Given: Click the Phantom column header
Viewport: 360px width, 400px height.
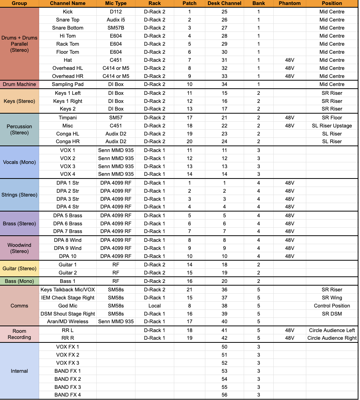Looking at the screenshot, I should [x=290, y=3].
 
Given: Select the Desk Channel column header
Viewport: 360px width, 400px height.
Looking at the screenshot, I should [x=224, y=3].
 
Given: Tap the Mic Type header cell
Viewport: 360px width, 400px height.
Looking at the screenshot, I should [x=116, y=3].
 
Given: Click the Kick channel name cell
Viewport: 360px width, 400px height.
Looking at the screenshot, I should [x=68, y=12].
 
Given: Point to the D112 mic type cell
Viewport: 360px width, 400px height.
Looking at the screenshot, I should [x=116, y=12].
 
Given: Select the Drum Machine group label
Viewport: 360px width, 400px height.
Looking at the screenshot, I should [x=19, y=84].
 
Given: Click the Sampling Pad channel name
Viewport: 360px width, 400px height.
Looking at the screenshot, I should [x=68, y=84].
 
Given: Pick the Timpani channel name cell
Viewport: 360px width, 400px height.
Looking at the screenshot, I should [x=68, y=117].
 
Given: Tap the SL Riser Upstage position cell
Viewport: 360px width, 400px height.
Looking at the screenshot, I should [x=332, y=126].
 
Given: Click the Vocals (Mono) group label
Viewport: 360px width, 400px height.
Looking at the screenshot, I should [x=19, y=162].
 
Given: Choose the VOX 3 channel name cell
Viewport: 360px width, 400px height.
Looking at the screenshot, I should [x=68, y=166].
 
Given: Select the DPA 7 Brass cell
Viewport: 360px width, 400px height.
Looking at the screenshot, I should [x=68, y=231].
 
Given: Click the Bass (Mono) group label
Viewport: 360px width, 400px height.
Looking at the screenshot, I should [x=19, y=281].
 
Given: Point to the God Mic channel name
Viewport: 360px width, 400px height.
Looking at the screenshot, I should [x=68, y=306].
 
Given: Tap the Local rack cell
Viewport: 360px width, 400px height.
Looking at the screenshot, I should [x=154, y=306].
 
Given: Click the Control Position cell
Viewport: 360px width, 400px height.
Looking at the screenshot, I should [x=332, y=306].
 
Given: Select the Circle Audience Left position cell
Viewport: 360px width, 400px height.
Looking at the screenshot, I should [x=332, y=330].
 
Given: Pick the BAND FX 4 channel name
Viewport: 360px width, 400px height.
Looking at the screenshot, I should [x=68, y=395].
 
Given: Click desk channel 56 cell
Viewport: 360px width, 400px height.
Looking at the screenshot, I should [x=224, y=395].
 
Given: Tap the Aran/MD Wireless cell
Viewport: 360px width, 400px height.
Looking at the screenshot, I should [x=68, y=321].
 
